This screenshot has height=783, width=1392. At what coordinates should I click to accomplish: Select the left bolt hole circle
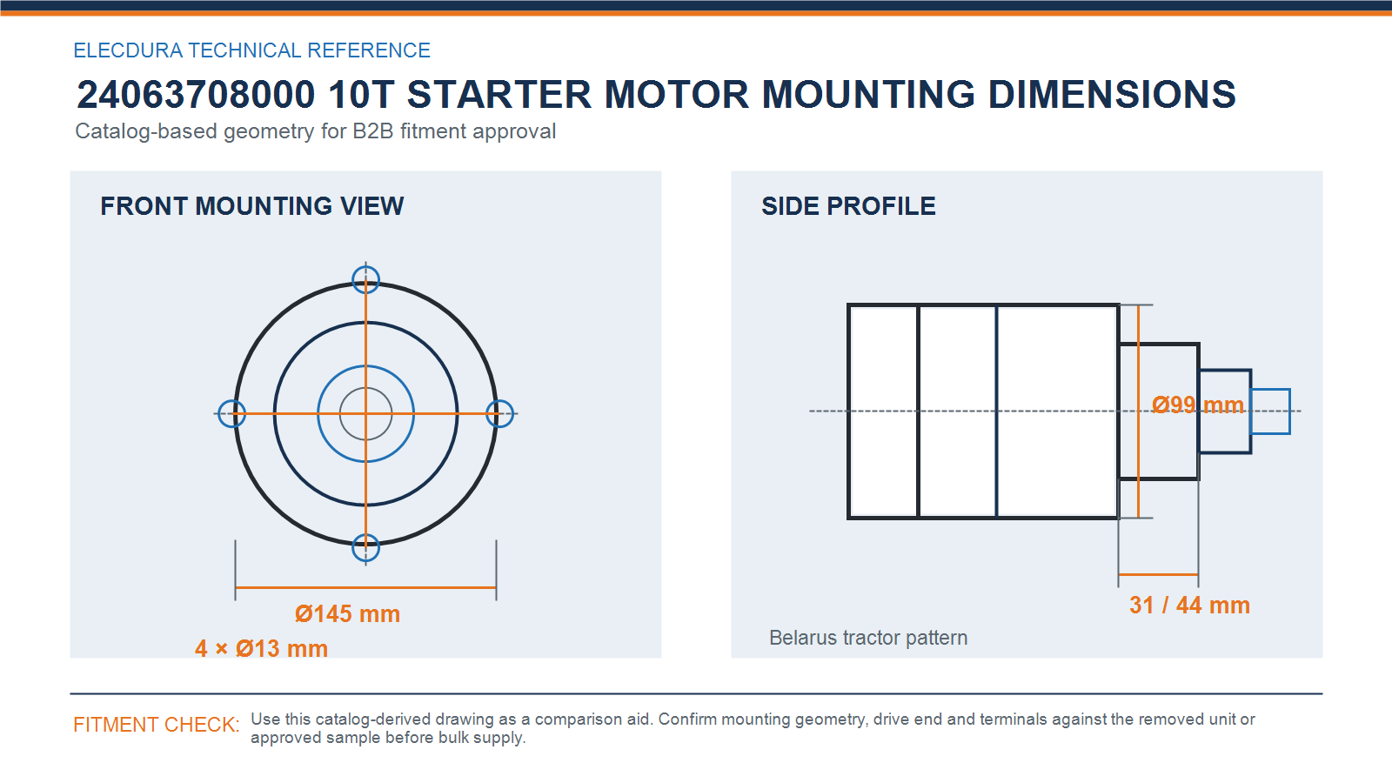point(218,413)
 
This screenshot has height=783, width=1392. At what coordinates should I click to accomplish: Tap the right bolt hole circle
point(513,413)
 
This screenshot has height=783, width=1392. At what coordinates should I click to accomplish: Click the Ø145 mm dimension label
point(347,614)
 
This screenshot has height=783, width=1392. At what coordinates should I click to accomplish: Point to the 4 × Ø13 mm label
point(261,648)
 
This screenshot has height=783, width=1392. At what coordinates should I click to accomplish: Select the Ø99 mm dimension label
point(1197,405)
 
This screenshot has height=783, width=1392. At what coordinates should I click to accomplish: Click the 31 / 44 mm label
point(1189,606)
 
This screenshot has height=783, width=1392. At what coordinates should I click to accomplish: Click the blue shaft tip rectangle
point(1270,391)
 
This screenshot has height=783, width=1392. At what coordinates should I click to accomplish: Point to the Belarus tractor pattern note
point(868,638)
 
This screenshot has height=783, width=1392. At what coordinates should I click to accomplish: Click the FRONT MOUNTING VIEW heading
point(251,205)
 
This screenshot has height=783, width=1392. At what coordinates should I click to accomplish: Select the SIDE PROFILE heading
point(848,205)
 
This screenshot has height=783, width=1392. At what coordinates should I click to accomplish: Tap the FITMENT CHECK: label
point(156,725)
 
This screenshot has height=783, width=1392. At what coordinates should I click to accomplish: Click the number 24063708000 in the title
point(196,95)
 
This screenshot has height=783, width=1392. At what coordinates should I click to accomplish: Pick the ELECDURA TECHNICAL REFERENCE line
point(251,50)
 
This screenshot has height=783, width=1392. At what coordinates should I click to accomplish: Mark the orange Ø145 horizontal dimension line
point(365,587)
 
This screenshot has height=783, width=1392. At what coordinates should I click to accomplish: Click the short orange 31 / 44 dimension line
point(1158,575)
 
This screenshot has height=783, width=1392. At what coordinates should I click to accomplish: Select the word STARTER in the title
point(499,95)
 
